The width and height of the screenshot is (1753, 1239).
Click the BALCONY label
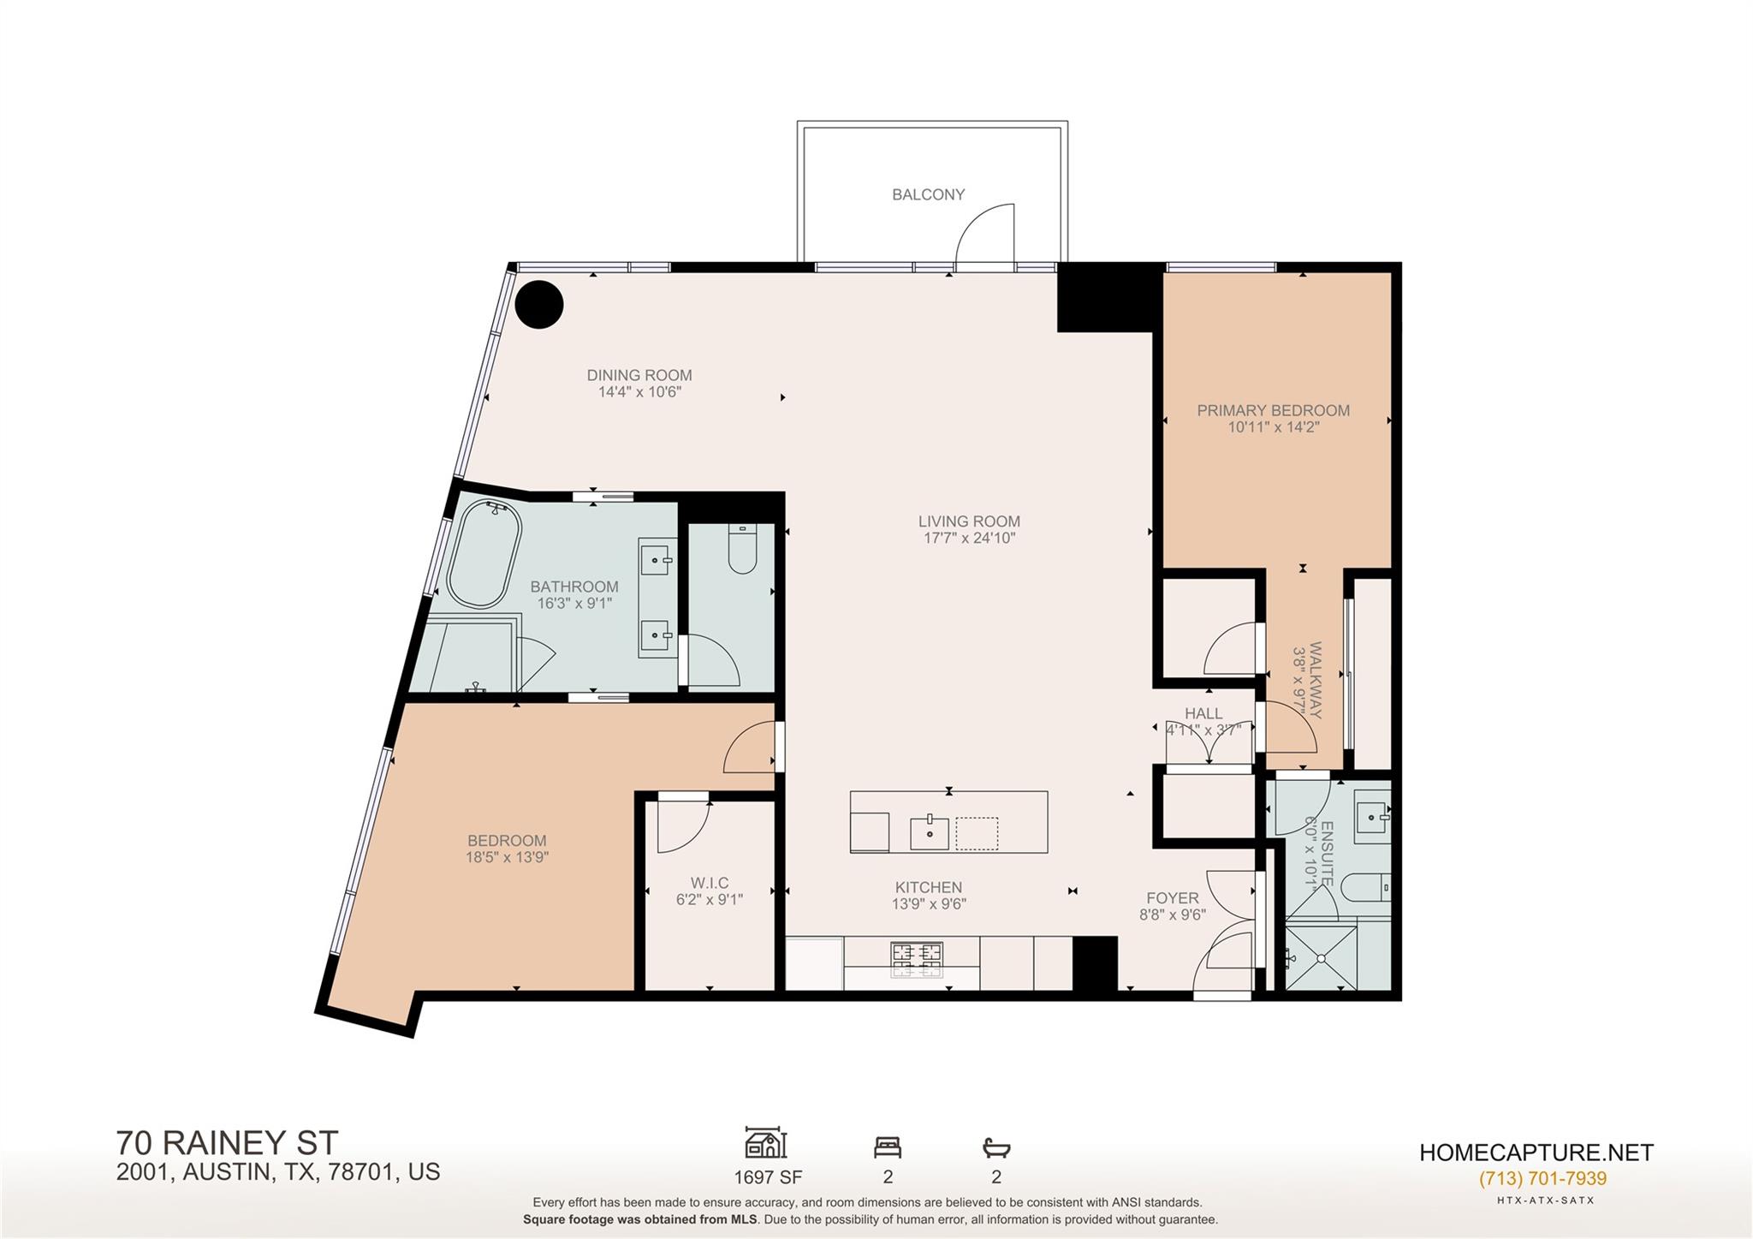tap(928, 194)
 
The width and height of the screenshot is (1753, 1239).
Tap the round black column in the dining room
tap(539, 304)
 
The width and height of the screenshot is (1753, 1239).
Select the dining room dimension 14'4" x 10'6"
tap(639, 392)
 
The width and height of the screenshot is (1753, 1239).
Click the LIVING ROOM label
tap(969, 521)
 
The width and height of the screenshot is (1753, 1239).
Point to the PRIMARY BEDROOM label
tap(1273, 410)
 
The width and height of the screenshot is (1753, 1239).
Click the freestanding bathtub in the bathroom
tap(484, 554)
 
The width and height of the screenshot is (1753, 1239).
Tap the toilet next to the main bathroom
tap(742, 550)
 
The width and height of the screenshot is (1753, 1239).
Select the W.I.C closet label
tap(709, 883)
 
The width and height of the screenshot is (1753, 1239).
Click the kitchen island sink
tap(930, 832)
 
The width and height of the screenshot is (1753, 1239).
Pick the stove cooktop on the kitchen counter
tap(917, 959)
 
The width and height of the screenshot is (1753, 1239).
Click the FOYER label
tap(1172, 897)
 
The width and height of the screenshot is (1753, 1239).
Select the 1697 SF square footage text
tap(768, 1176)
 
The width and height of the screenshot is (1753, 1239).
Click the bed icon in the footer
tap(888, 1147)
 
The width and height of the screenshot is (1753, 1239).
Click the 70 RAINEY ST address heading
tap(227, 1142)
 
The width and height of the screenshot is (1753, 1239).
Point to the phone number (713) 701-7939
tap(1542, 1178)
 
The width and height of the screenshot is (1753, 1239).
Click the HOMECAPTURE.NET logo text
tap(1536, 1152)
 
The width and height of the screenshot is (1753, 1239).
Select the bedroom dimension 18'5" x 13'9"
tap(507, 856)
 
